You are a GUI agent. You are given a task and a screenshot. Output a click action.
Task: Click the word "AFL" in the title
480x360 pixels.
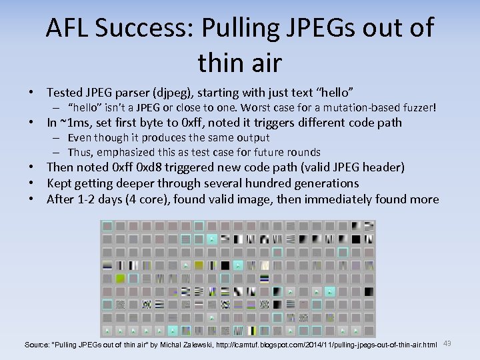coord(67,28)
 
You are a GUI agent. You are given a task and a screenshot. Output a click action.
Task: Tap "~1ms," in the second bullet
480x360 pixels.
coord(75,123)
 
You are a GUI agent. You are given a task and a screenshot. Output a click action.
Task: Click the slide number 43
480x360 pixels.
coord(447,343)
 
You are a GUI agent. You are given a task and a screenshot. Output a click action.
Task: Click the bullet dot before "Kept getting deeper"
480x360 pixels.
coord(31,183)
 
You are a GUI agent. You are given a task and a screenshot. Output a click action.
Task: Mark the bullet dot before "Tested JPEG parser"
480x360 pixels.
coord(31,91)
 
